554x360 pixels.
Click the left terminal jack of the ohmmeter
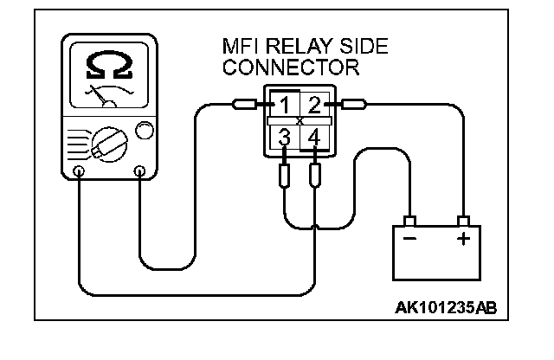coord(79,171)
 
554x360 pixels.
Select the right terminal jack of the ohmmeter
coord(138,171)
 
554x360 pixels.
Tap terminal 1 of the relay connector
coord(283,106)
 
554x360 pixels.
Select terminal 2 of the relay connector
coord(314,106)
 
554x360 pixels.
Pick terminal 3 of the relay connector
coord(284,138)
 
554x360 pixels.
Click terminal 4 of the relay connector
coord(315,138)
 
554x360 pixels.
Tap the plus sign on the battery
coord(464,237)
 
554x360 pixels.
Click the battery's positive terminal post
coord(464,218)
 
